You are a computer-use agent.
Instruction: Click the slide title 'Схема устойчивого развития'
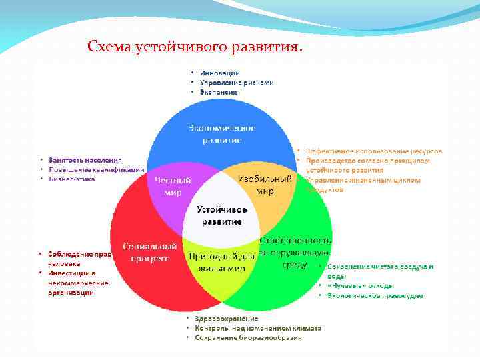[195, 47]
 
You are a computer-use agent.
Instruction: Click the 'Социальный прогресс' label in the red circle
[149, 252]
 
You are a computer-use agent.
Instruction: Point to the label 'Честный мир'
[173, 186]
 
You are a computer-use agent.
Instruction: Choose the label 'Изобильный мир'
[265, 185]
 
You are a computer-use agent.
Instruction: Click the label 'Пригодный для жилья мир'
[221, 262]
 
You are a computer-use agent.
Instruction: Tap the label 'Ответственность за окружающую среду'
[295, 252]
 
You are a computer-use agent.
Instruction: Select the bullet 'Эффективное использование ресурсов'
[373, 151]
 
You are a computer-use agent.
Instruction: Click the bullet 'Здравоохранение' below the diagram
[222, 319]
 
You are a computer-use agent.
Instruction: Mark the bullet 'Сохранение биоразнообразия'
[248, 337]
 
